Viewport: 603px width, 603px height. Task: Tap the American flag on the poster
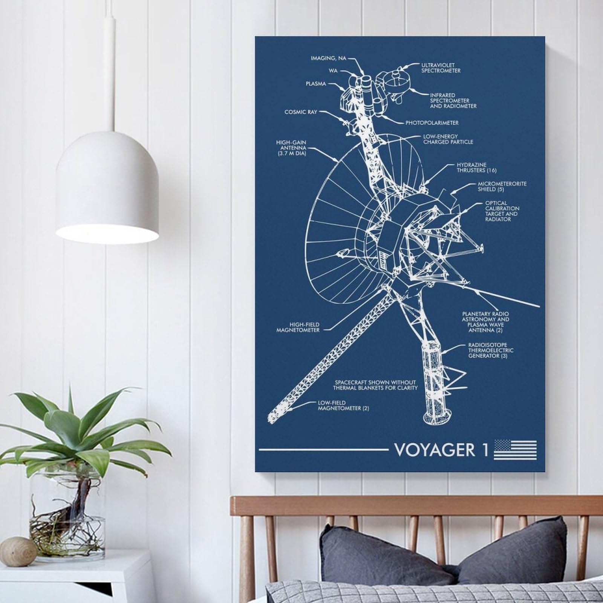point(515,450)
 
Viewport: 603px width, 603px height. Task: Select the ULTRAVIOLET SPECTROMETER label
point(441,68)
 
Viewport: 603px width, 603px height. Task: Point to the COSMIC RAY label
point(301,112)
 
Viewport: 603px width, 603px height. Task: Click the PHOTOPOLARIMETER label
point(432,123)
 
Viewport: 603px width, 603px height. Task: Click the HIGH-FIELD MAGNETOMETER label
point(304,327)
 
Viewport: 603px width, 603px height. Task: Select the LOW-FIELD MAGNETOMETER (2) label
point(343,406)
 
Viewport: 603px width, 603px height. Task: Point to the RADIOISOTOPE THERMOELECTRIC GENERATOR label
point(491,350)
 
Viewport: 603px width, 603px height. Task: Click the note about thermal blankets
point(375,385)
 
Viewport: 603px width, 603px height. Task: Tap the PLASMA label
point(316,84)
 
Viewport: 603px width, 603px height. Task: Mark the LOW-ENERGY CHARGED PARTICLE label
point(448,139)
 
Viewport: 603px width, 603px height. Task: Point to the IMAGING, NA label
point(328,58)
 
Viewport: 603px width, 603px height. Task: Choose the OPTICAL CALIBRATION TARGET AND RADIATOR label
point(502,211)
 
